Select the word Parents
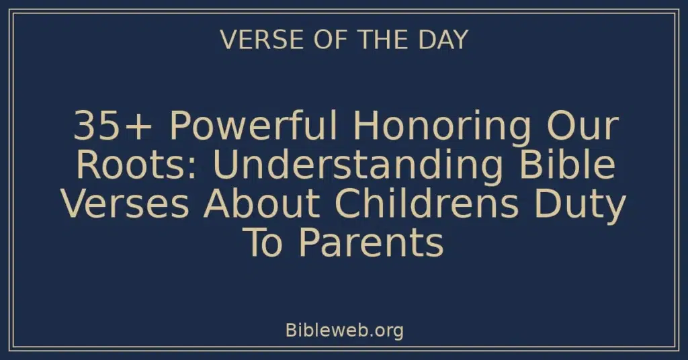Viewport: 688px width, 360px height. point(371,243)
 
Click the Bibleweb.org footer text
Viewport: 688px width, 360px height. point(344,330)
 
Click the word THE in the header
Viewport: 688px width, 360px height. point(381,40)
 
